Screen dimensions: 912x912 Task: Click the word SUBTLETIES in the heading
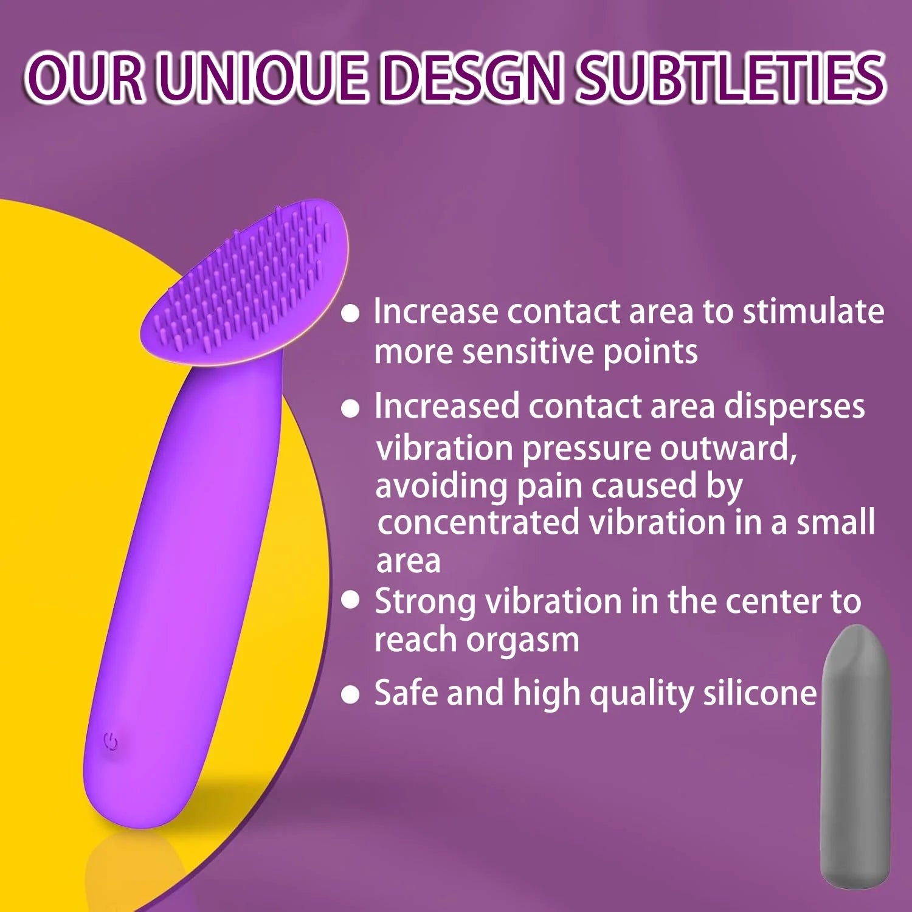coord(730,78)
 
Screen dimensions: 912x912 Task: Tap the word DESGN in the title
coord(473,78)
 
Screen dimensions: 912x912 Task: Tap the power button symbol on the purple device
coord(111,742)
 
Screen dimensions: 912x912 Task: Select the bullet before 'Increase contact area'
coord(350,314)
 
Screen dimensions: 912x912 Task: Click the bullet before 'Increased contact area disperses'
coord(350,408)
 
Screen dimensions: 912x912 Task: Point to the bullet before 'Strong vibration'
coord(350,601)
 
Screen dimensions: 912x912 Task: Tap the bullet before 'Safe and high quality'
coord(350,694)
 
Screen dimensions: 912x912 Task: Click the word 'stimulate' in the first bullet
coord(813,311)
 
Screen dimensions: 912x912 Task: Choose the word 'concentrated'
coord(478,523)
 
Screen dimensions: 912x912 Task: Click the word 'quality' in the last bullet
coord(641,695)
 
